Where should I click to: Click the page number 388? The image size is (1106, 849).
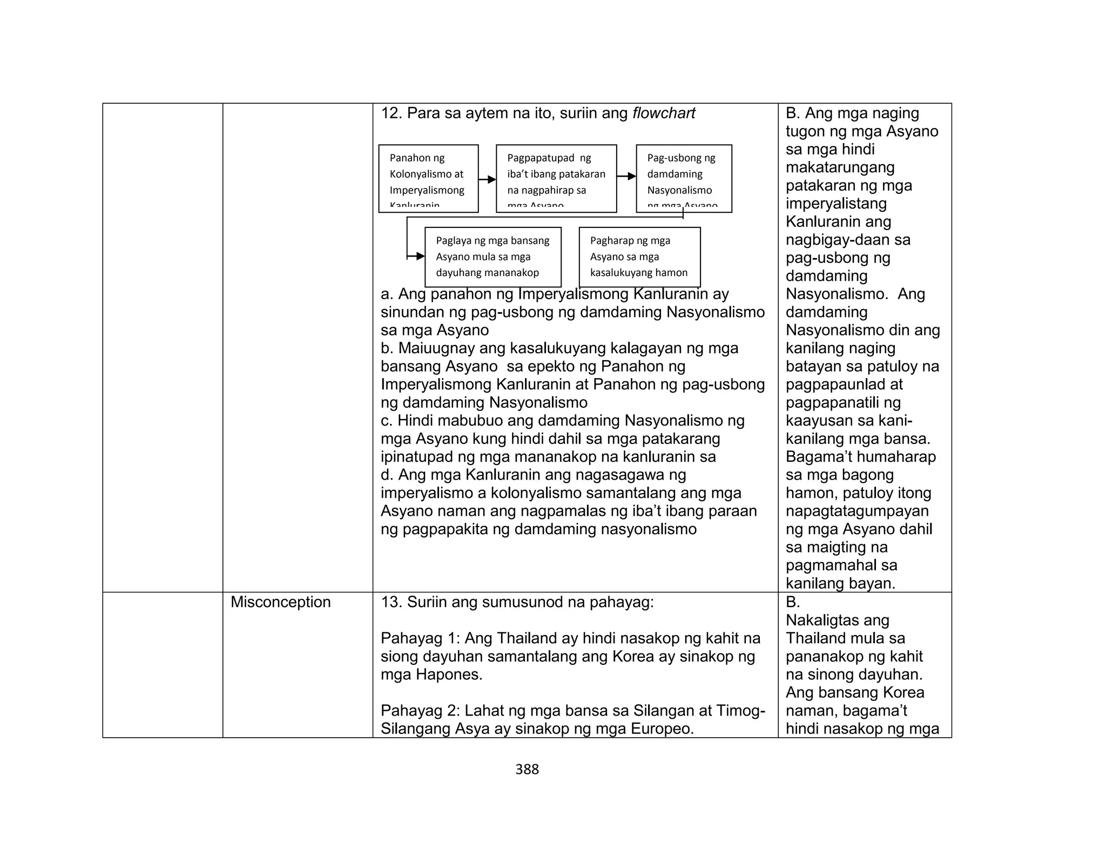click(527, 769)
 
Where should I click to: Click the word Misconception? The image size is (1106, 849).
click(280, 602)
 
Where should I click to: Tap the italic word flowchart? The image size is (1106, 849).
click(664, 113)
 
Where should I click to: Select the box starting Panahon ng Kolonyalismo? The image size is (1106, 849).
click(428, 178)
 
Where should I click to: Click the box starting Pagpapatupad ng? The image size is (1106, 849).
click(556, 178)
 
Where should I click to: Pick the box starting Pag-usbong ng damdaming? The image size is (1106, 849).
click(684, 178)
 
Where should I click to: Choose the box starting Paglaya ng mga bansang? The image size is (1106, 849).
click(493, 257)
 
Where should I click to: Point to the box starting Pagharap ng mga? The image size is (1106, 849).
click(639, 257)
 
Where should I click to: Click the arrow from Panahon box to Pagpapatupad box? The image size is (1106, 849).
click(487, 179)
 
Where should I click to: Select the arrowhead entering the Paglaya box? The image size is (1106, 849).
click(420, 257)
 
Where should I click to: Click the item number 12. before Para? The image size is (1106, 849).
click(392, 113)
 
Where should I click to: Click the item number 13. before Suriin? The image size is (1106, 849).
click(392, 602)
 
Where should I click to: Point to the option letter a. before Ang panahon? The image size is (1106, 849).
click(387, 294)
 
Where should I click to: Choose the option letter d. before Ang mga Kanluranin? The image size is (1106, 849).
click(387, 475)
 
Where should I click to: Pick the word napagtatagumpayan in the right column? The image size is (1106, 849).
click(857, 511)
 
